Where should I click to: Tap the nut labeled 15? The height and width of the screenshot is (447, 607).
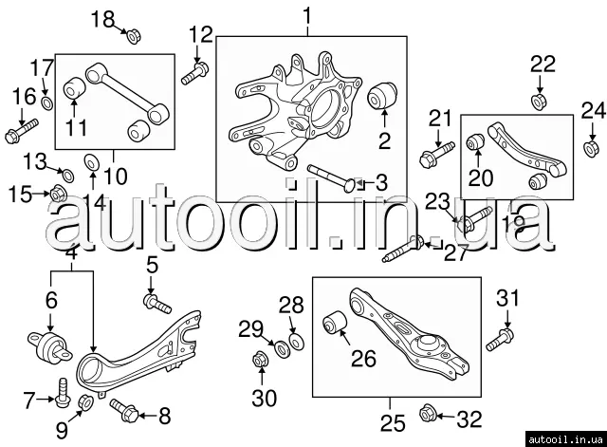56,195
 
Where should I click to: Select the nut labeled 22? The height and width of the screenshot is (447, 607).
539,100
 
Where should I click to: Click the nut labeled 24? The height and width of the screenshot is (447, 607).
590,148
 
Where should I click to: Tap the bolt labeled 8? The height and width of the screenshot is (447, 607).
123,409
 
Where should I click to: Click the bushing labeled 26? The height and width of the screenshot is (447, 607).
335,322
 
